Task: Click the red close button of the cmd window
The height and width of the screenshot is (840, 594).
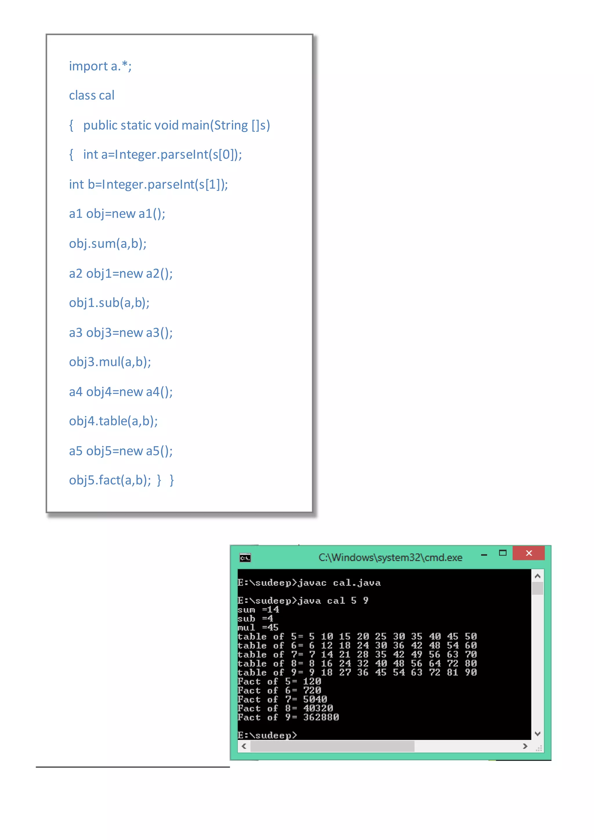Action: pos(528,553)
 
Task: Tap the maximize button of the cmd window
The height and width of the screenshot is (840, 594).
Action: pos(503,553)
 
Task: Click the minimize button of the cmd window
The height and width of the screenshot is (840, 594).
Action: pos(484,555)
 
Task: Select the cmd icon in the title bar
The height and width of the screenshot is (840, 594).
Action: pos(245,558)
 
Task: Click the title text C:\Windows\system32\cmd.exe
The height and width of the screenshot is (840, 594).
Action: pos(390,557)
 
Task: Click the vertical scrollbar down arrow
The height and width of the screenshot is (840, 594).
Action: pos(537,734)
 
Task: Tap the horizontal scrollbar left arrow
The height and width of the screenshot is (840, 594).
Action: pos(244,746)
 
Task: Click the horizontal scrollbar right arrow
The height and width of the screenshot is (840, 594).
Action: pos(525,746)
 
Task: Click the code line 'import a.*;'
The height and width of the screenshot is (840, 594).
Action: pos(100,66)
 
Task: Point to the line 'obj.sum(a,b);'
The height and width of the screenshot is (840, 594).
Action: pos(108,244)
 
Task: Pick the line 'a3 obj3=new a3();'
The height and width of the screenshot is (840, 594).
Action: pos(121,333)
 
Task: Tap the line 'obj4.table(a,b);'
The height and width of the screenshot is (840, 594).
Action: pos(113,421)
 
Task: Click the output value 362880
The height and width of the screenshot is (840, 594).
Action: pos(321,717)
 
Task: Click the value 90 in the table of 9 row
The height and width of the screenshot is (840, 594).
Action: pos(471,672)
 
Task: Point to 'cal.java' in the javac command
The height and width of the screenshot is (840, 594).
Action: pos(357,583)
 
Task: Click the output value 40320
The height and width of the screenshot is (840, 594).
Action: pos(318,708)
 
